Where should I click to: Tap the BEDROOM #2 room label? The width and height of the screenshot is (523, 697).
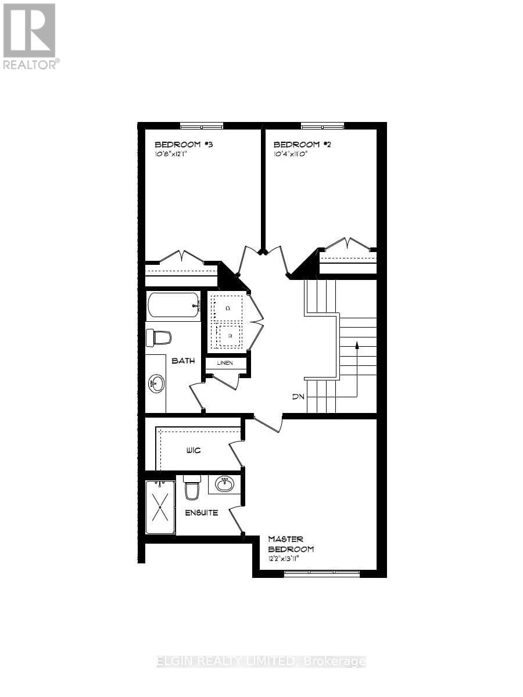coord(296,144)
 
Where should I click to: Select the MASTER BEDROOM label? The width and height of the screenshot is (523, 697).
coord(291,544)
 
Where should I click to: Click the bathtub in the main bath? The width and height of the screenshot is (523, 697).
coord(174,305)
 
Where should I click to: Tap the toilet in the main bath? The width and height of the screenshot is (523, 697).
coord(159,337)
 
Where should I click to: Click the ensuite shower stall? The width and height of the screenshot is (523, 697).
coord(160,506)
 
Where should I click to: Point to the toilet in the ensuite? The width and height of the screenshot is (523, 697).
coord(192,488)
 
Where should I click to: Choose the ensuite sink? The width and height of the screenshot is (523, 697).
coord(224,484)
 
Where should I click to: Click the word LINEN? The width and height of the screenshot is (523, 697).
coord(225,363)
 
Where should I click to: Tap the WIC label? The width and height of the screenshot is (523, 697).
coord(194,450)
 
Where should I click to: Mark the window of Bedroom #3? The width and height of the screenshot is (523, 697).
coord(201,125)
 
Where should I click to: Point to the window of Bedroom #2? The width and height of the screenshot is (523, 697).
coord(322,125)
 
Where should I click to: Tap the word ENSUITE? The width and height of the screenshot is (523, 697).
coord(202,513)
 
